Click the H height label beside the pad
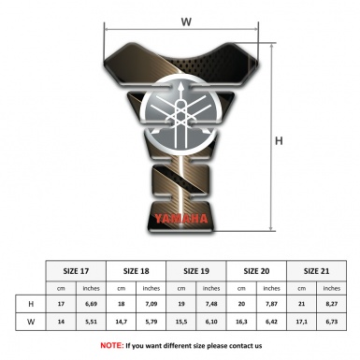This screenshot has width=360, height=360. pyautogui.click(x=279, y=141)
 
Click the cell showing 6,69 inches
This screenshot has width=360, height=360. pyautogui.click(x=91, y=304)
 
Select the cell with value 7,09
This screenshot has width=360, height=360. pyautogui.click(x=151, y=304)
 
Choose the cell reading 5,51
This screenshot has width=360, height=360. pyautogui.click(x=91, y=321)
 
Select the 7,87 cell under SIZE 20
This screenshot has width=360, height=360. pyautogui.click(x=272, y=304)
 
